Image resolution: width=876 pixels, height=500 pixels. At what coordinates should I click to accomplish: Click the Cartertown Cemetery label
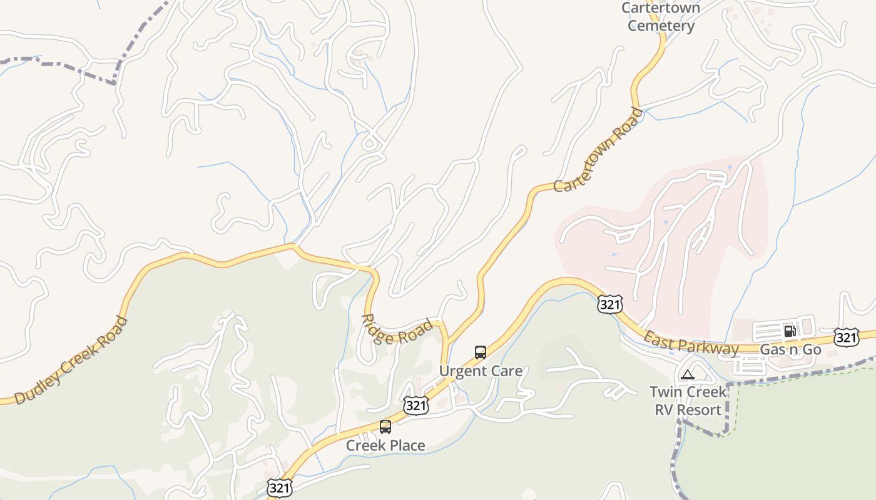[661, 17]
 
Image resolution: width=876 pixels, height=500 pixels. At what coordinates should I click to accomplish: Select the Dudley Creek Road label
[71, 361]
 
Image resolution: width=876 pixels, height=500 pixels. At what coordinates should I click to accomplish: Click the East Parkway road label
[691, 344]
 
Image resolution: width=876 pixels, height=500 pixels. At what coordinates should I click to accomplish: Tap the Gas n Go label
[790, 349]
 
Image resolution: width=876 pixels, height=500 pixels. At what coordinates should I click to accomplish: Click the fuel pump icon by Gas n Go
[790, 331]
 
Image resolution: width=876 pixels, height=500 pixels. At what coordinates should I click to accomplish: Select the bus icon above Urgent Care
[480, 352]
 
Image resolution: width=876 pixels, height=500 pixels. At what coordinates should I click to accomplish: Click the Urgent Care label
[480, 371]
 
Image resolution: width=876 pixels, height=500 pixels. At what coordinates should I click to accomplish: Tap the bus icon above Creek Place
[385, 427]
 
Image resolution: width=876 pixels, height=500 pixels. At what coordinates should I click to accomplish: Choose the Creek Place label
[385, 446]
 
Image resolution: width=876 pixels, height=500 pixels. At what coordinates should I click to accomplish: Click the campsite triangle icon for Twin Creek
[688, 375]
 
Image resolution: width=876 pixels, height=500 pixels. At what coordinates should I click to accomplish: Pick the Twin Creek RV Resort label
[688, 401]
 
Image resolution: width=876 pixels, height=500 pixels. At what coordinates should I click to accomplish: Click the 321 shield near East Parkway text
[609, 304]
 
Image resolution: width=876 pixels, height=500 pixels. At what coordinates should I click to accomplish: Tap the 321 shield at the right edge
[846, 338]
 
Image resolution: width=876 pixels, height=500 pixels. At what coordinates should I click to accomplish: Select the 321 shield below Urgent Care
[415, 406]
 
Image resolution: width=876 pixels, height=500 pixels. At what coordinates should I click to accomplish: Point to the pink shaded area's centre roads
[663, 237]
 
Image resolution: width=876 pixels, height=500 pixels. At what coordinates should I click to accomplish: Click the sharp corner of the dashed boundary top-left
[115, 82]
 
